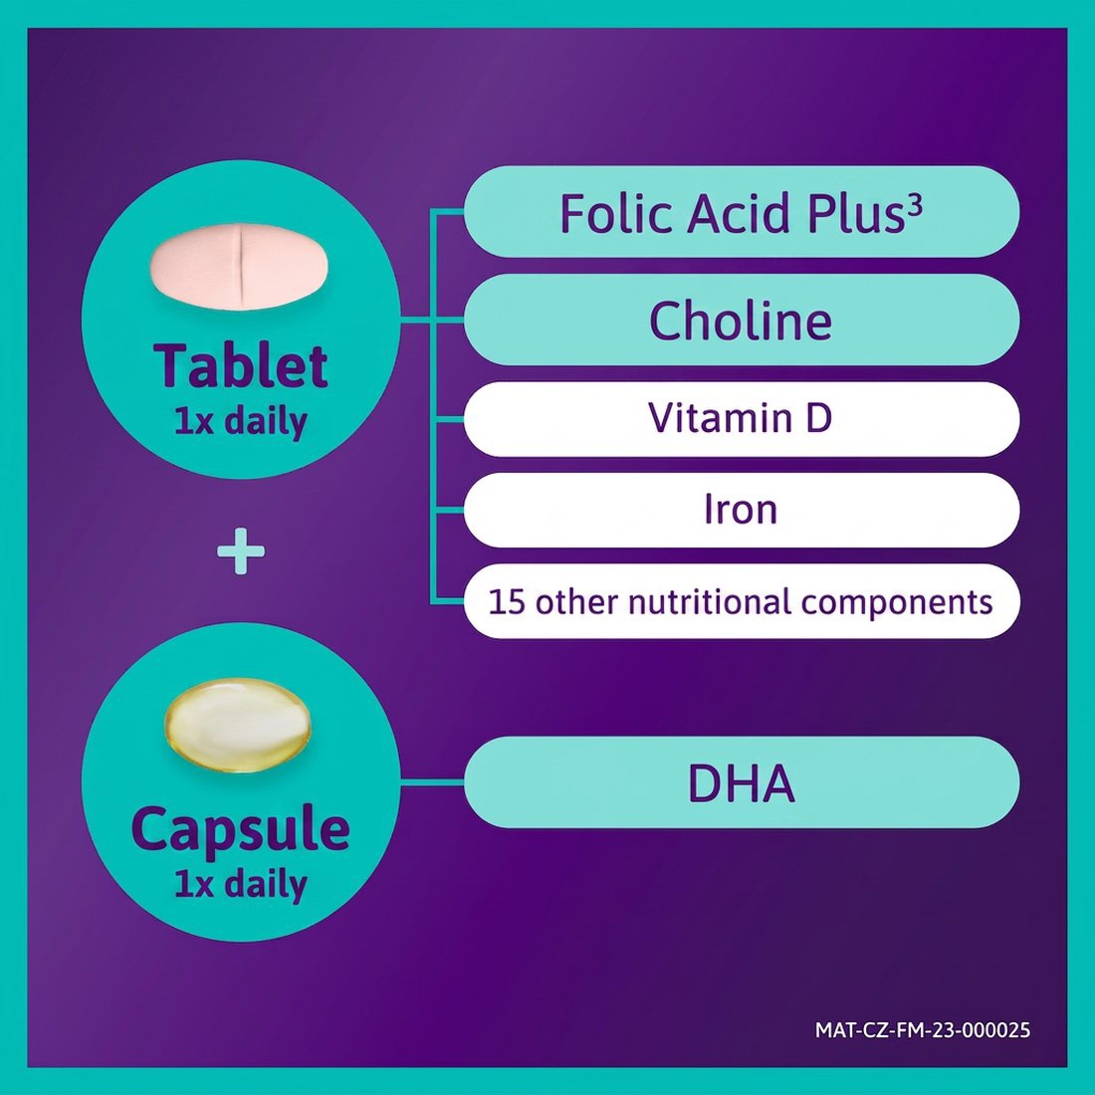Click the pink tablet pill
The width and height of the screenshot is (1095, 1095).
click(239, 266)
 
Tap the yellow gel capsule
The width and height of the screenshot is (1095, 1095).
click(238, 725)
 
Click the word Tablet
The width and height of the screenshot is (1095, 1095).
click(241, 365)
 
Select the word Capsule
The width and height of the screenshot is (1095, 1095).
click(241, 829)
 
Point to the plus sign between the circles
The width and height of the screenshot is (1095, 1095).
click(241, 551)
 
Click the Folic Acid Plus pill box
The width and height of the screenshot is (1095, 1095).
click(741, 212)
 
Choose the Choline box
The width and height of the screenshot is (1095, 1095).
click(741, 320)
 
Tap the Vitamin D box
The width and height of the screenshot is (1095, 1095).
click(741, 419)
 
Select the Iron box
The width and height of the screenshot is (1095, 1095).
click(741, 510)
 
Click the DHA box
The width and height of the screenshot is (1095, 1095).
click(741, 782)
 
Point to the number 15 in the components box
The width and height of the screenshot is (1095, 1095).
click(506, 602)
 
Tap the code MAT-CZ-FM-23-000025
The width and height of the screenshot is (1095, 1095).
click(923, 1029)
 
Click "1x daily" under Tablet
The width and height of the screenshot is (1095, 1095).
click(241, 422)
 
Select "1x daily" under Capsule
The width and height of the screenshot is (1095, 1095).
click(241, 885)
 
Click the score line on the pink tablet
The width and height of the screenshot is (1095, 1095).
click(240, 266)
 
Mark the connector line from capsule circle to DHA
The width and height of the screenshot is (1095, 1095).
click(432, 781)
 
